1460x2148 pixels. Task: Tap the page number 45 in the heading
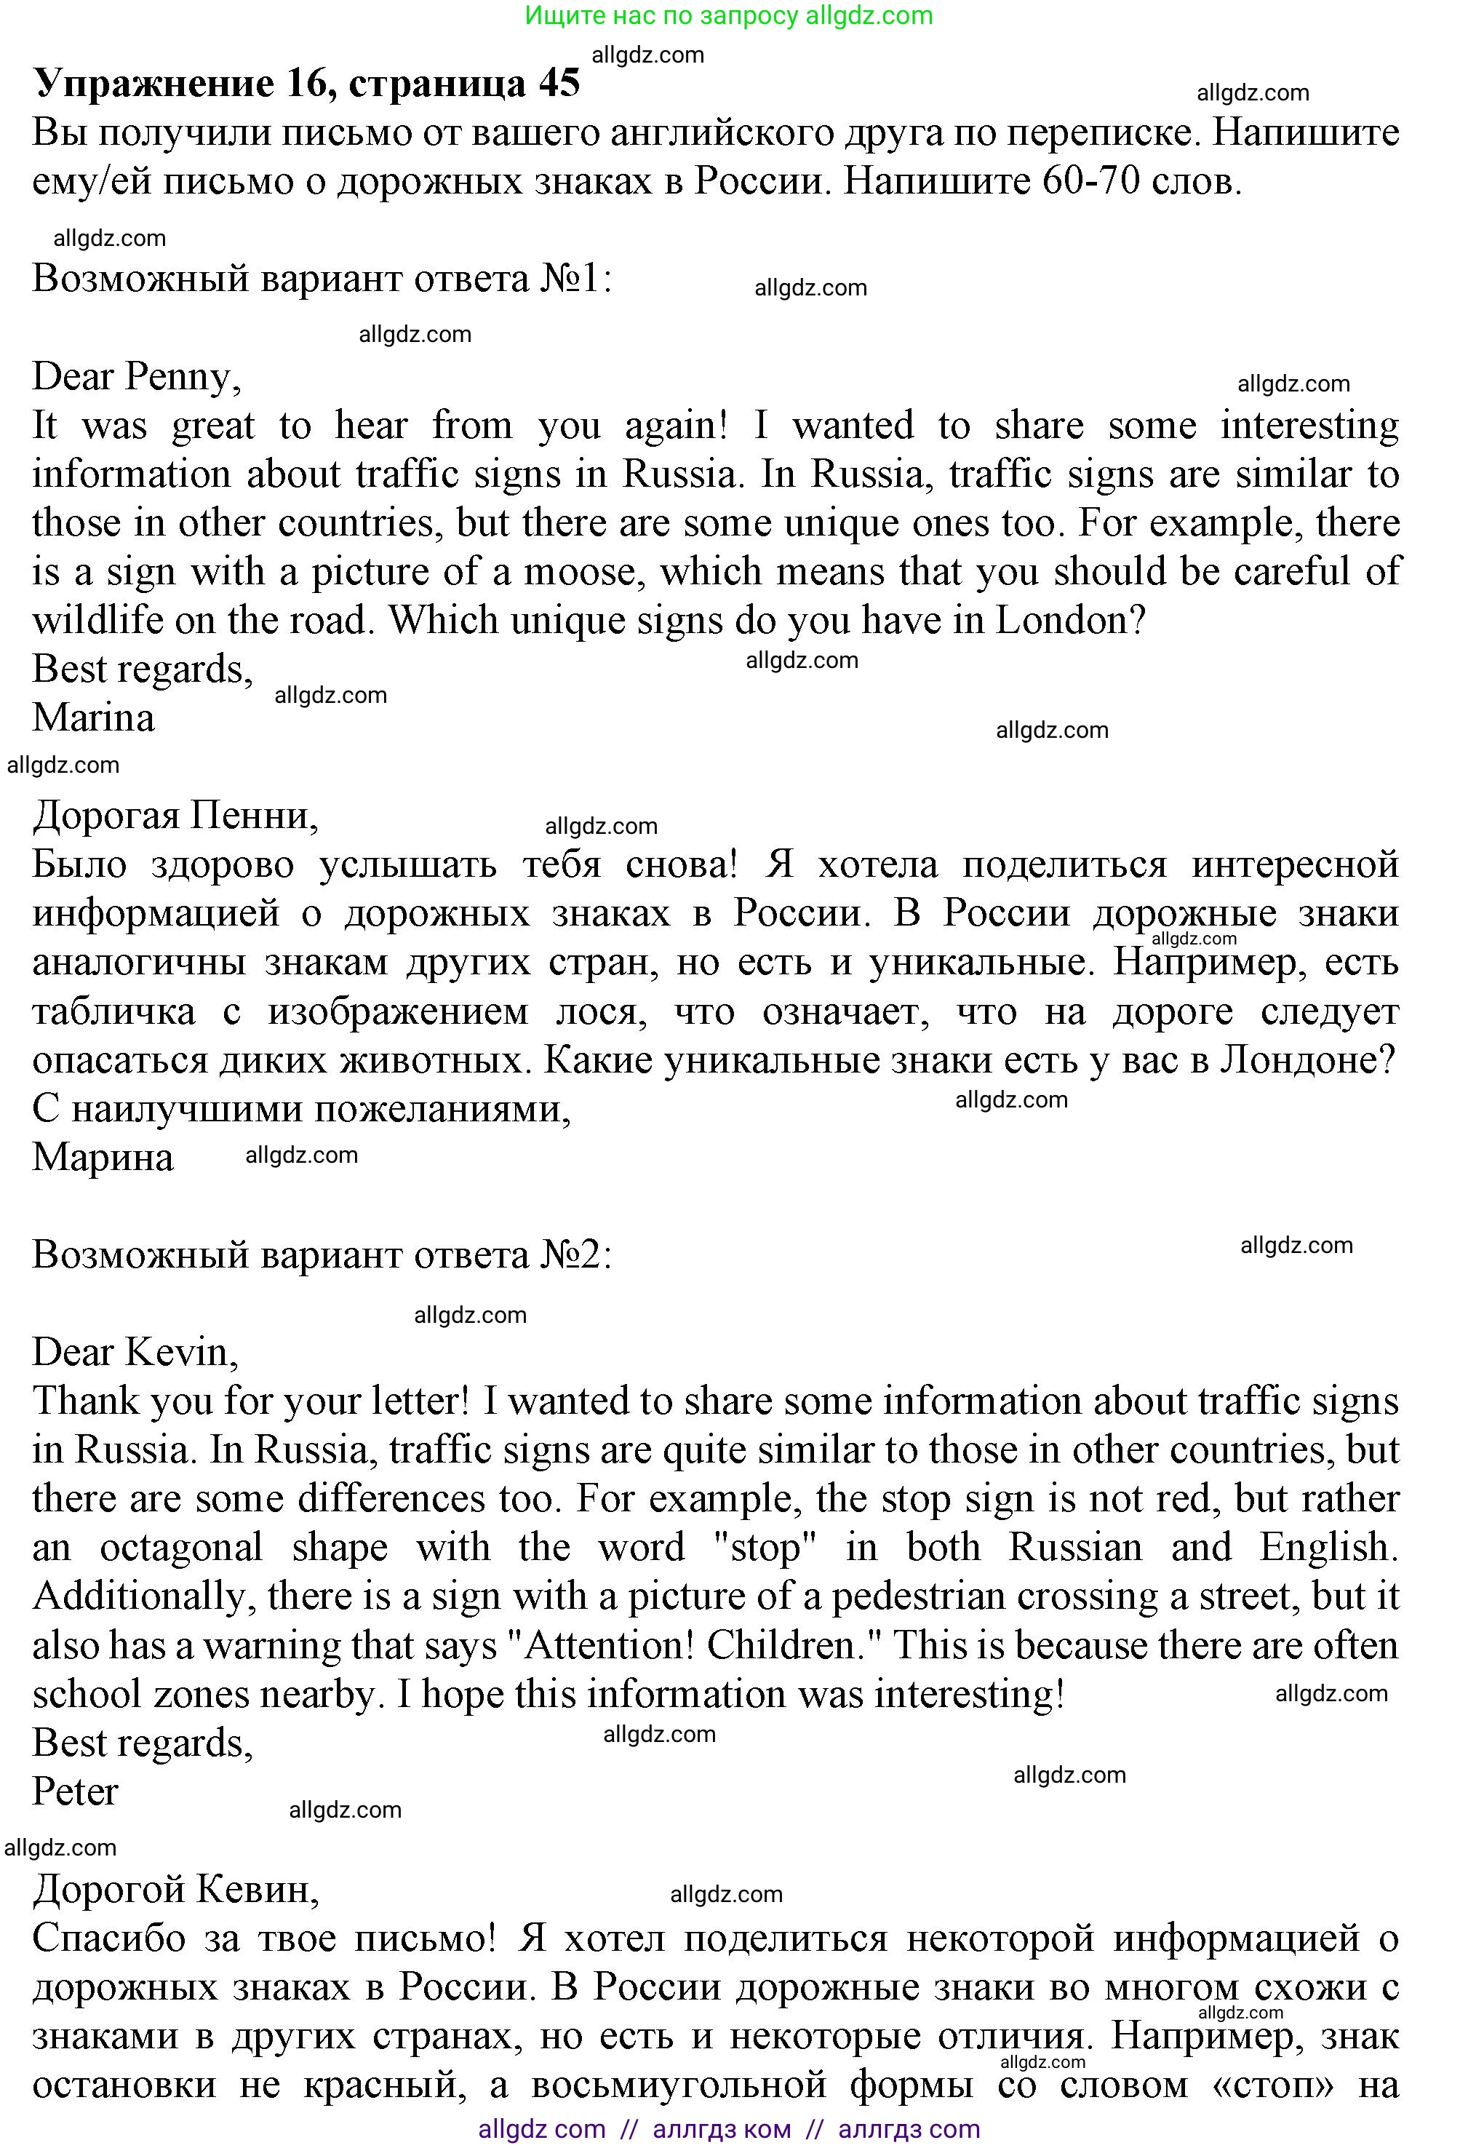coord(558,83)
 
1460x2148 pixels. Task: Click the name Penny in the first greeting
coord(182,377)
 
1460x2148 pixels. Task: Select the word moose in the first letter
coord(581,572)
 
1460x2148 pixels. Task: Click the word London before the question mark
coord(1061,620)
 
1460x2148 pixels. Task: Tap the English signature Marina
coord(93,718)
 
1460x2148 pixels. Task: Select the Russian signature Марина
coord(103,1157)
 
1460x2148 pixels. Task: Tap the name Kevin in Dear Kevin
coord(181,1352)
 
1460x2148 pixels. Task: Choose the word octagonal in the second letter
coord(181,1547)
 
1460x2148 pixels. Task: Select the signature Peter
coord(76,1791)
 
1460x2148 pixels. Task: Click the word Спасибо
coord(109,1938)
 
